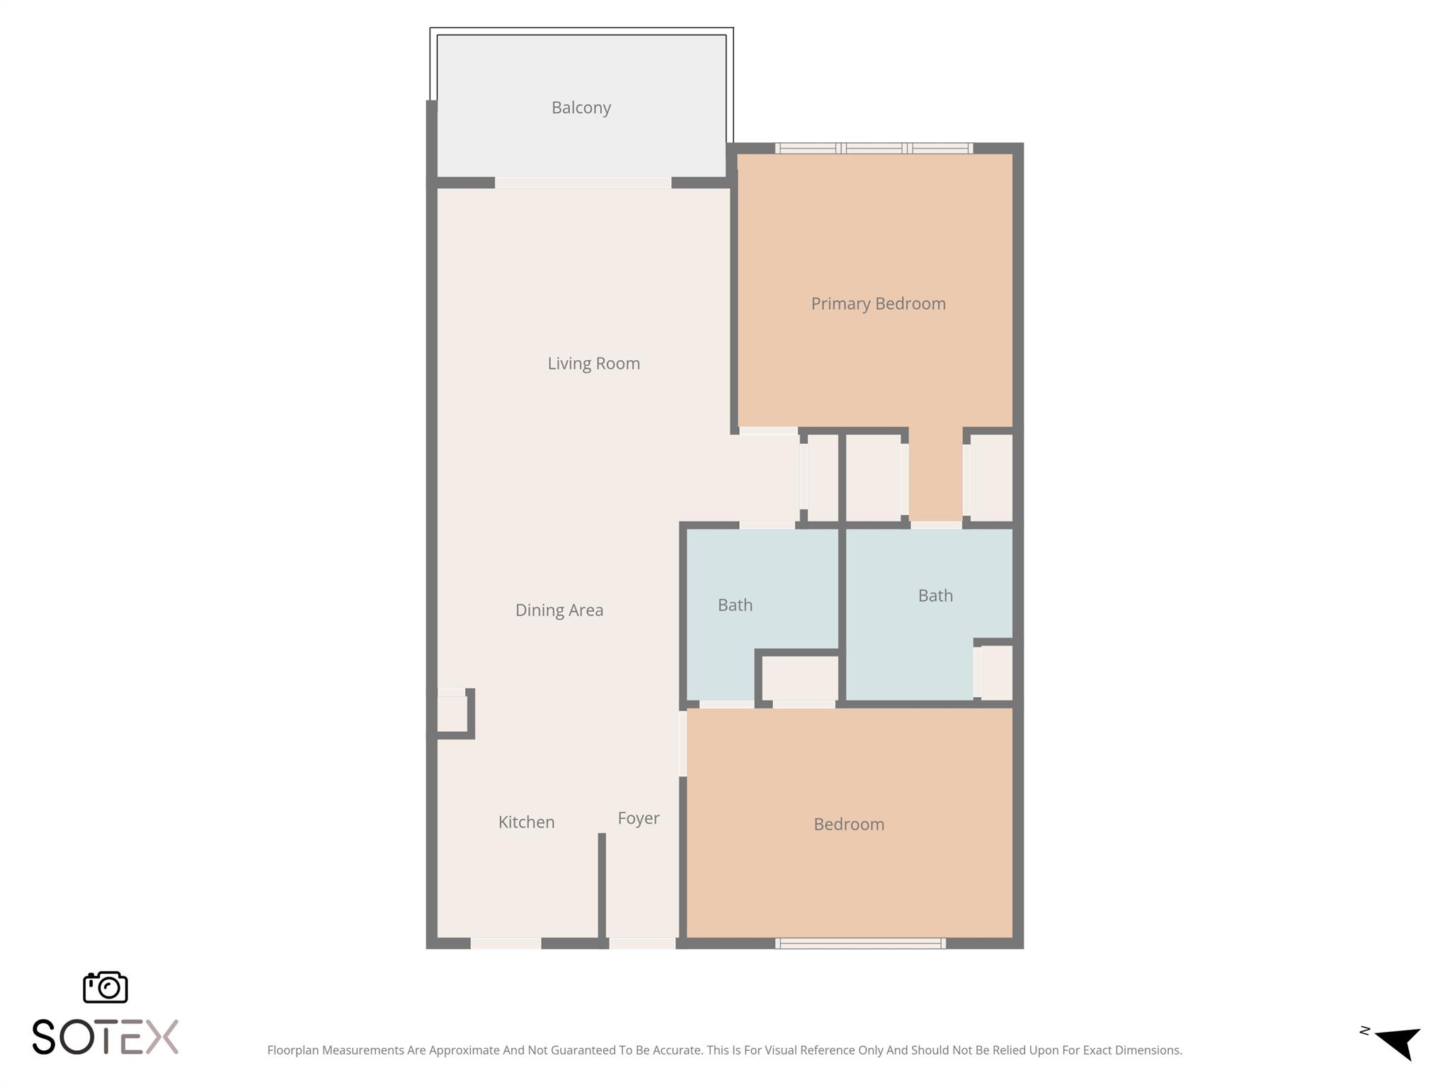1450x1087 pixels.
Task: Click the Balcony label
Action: (581, 108)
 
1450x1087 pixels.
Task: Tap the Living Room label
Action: (593, 363)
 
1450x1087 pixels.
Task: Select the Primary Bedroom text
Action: (878, 304)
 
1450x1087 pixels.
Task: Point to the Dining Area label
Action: (559, 610)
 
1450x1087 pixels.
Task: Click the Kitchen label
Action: (526, 822)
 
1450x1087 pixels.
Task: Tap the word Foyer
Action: (638, 818)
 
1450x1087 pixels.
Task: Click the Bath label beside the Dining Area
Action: (735, 605)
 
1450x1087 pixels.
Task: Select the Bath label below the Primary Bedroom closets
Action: (935, 596)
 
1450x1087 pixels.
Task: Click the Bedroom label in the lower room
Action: (848, 824)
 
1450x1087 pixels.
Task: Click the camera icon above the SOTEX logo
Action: (105, 987)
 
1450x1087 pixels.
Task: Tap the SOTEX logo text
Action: (105, 1037)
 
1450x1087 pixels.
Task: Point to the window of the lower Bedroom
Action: (860, 943)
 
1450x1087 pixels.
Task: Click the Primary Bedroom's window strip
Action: (874, 149)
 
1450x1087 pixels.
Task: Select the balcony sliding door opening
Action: (582, 183)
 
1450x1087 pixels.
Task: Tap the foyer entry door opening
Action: (641, 943)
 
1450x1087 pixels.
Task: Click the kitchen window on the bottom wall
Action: (506, 943)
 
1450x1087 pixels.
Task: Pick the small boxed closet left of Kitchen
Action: (452, 713)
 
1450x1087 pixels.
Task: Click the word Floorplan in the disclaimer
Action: (292, 1050)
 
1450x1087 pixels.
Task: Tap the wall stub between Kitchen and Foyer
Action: (602, 888)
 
